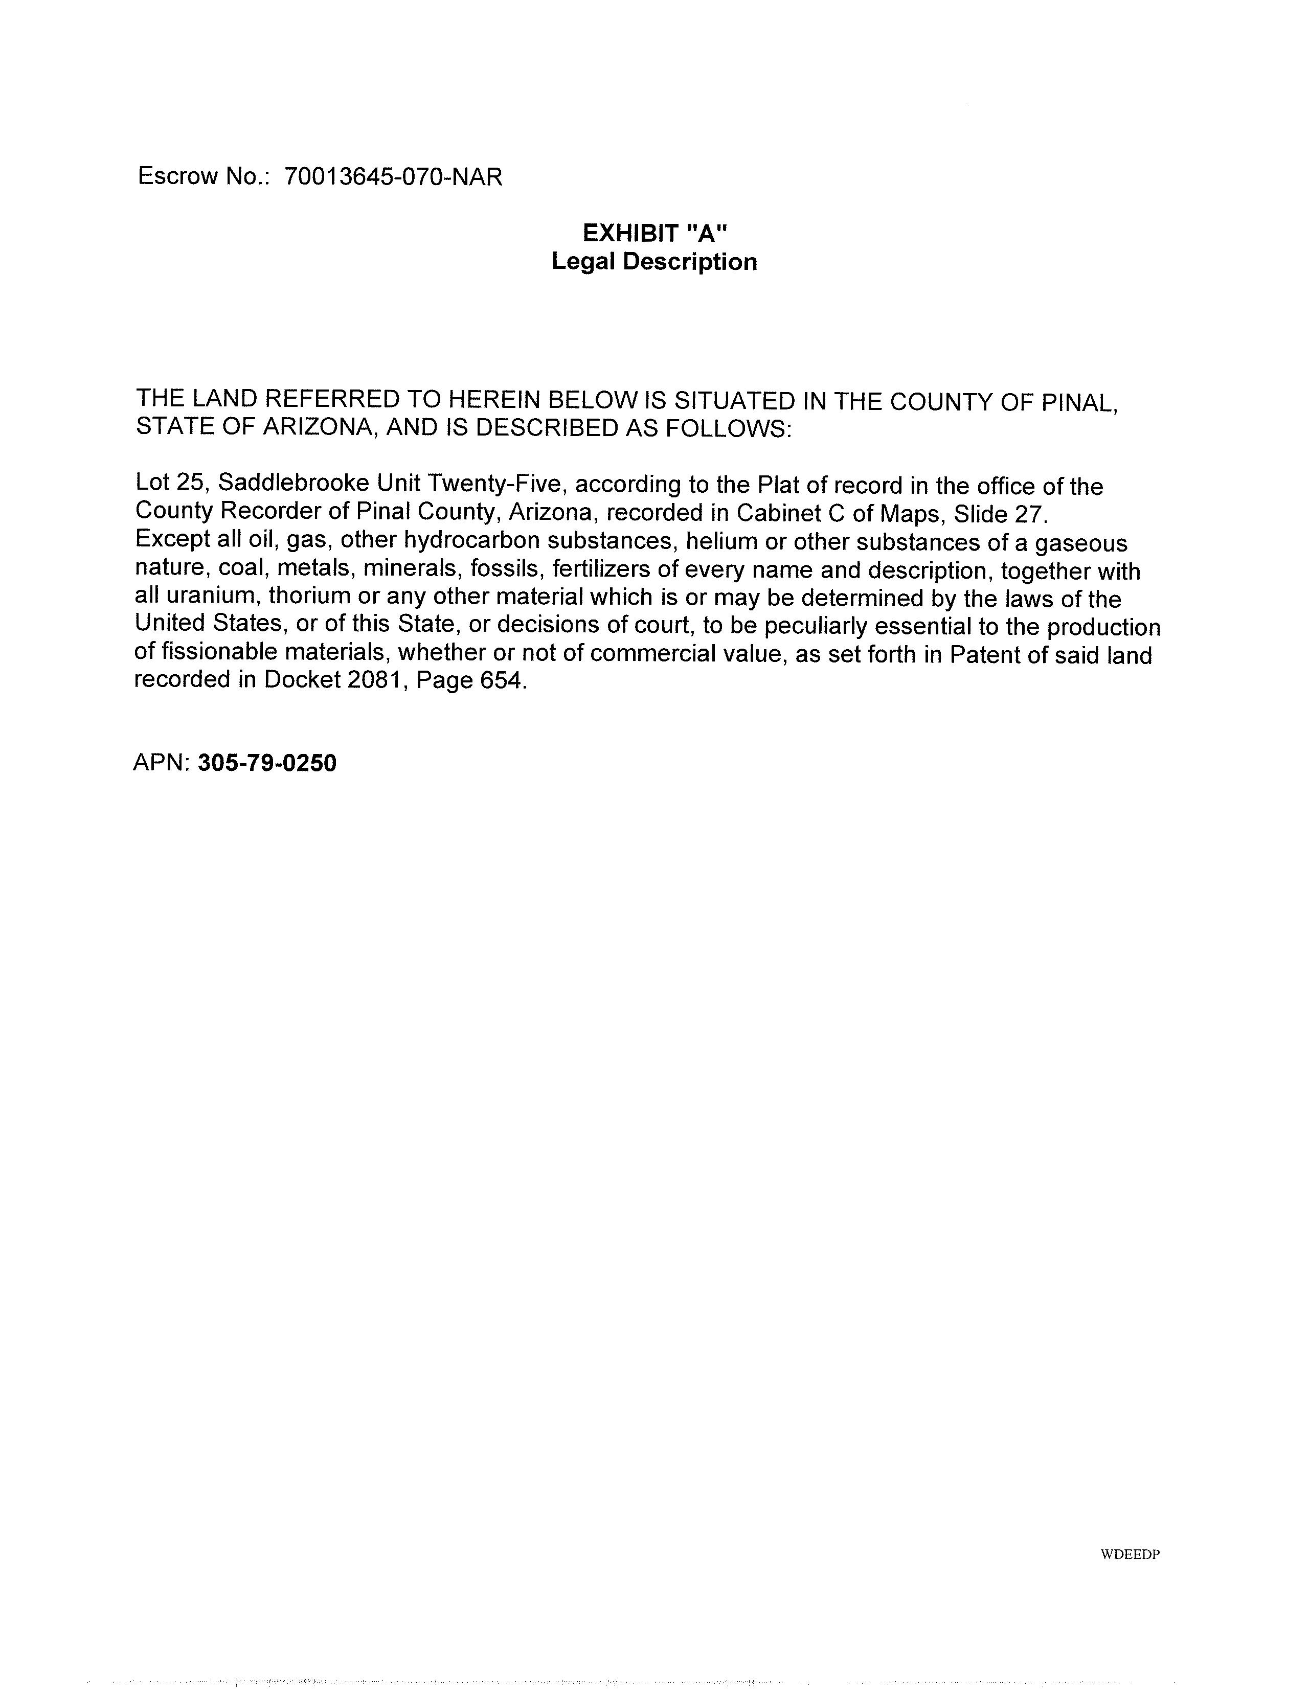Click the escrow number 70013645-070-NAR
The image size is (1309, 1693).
tap(393, 177)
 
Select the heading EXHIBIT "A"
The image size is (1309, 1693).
tap(654, 233)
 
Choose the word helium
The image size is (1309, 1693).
tap(718, 541)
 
